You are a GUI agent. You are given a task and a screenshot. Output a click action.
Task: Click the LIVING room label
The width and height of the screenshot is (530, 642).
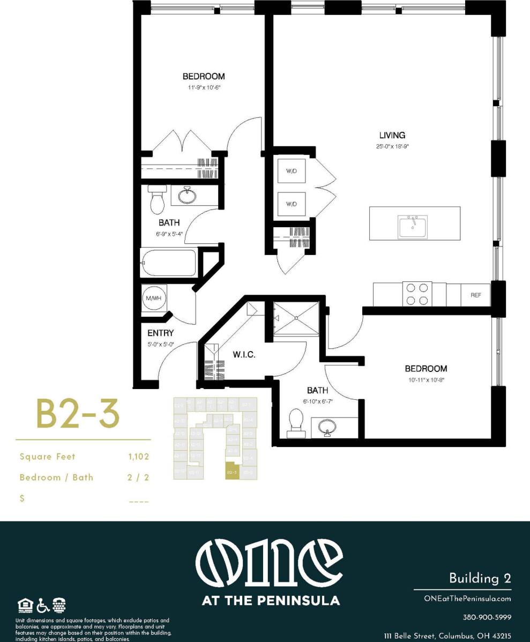click(x=392, y=135)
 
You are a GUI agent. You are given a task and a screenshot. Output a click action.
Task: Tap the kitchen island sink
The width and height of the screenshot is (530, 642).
click(x=413, y=227)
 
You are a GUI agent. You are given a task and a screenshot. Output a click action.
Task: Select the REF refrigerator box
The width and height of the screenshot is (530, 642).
click(x=475, y=295)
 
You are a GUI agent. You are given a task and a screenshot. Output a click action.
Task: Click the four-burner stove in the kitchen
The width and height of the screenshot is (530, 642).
click(x=417, y=294)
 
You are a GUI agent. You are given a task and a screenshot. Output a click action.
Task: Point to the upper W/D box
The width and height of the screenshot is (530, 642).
click(x=292, y=171)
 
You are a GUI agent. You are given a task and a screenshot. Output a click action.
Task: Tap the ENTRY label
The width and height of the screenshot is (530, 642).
click(x=161, y=333)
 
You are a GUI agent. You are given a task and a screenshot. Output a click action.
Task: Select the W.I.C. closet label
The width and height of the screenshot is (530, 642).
click(x=243, y=355)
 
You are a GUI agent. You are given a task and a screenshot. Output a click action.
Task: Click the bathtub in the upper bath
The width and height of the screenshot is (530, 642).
click(x=168, y=263)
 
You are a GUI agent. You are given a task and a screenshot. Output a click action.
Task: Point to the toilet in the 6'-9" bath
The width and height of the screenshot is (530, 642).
click(x=157, y=200)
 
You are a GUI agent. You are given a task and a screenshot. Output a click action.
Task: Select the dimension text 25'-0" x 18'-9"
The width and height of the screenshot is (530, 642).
click(x=392, y=146)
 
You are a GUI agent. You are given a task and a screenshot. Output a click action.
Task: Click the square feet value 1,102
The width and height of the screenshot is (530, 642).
click(x=138, y=457)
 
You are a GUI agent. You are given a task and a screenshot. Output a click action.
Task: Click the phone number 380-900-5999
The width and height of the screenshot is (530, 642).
click(x=487, y=617)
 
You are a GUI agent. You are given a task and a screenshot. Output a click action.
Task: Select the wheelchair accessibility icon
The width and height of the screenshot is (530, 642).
click(x=43, y=606)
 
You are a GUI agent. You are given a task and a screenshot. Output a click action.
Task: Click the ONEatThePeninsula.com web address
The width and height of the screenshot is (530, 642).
click(x=467, y=599)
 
